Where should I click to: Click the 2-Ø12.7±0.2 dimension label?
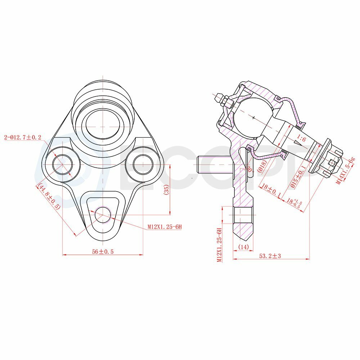click(22, 137)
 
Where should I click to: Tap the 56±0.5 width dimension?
click(103, 252)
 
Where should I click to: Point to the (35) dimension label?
click(166, 190)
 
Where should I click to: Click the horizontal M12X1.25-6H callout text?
click(165, 227)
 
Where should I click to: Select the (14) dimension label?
click(243, 247)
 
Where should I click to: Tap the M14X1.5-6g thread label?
click(346, 171)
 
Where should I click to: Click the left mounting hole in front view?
click(63, 165)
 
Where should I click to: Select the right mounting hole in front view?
click(143, 165)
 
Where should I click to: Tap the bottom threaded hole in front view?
click(103, 214)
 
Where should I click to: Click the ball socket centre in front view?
click(103, 127)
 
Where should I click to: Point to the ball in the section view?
click(253, 117)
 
